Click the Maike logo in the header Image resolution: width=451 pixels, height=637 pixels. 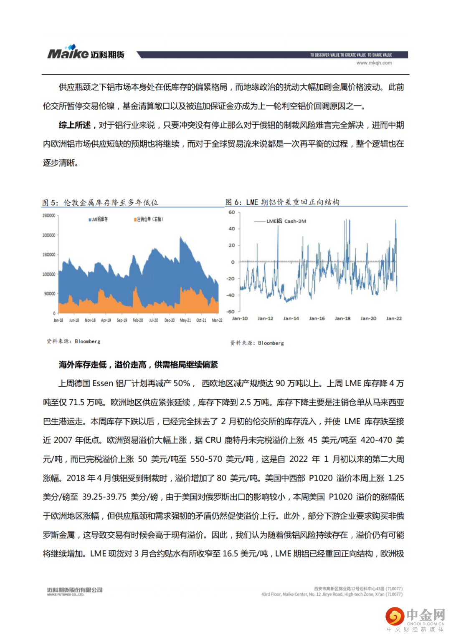pyautogui.click(x=85, y=53)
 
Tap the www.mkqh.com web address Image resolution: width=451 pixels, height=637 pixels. pyautogui.click(x=374, y=63)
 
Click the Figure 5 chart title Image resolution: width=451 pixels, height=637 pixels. pyautogui.click(x=100, y=202)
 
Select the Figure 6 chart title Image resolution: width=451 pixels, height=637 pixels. pyautogui.click(x=283, y=202)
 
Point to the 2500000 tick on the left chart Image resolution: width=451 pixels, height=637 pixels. pyautogui.click(x=49, y=216)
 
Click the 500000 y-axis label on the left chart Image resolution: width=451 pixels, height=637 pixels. pyautogui.click(x=50, y=294)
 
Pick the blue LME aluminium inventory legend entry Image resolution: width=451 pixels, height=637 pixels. pyautogui.click(x=98, y=219)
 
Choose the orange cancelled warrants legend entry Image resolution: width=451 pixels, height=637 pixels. pyautogui.click(x=148, y=219)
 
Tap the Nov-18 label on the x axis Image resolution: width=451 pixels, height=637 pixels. pyautogui.click(x=90, y=320)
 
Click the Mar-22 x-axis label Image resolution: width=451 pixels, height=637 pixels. pyautogui.click(x=217, y=320)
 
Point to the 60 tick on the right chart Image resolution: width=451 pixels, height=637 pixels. pyautogui.click(x=232, y=212)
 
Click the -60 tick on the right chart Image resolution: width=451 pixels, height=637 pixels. pyautogui.click(x=231, y=312)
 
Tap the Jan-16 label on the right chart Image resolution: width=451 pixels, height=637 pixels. pyautogui.click(x=317, y=318)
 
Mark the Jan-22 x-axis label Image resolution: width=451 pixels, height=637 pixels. pyautogui.click(x=394, y=318)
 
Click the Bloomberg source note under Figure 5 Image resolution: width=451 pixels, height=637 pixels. pyautogui.click(x=73, y=341)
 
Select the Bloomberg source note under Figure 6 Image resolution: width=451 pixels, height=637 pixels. pyautogui.click(x=257, y=343)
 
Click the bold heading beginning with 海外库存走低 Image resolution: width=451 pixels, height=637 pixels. pyautogui.click(x=138, y=365)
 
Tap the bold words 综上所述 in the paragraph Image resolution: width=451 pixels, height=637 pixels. pyautogui.click(x=75, y=125)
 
